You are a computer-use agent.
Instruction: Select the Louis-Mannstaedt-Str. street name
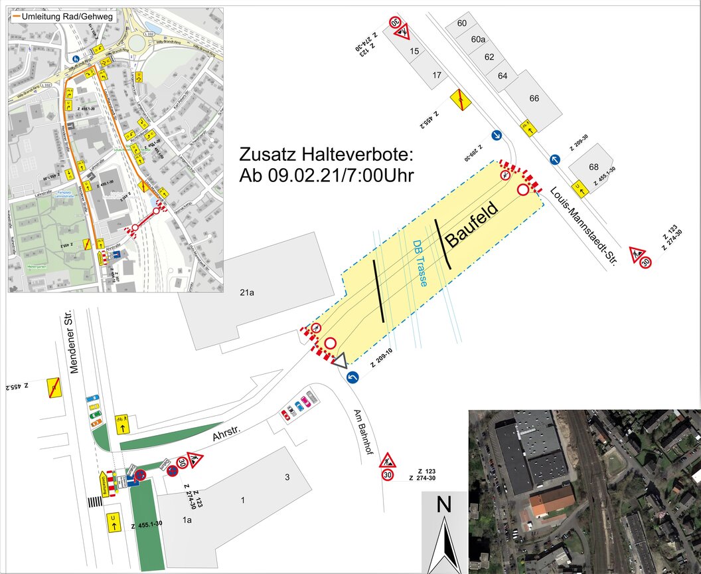coord(584,227)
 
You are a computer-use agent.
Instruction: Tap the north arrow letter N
coord(443,505)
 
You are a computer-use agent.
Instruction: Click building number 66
coord(534,98)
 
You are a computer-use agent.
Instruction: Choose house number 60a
coord(478,40)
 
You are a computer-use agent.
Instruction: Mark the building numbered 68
coord(593,166)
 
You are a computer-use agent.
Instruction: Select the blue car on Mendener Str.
coord(94,399)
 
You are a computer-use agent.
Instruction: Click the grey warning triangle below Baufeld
coord(340,361)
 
